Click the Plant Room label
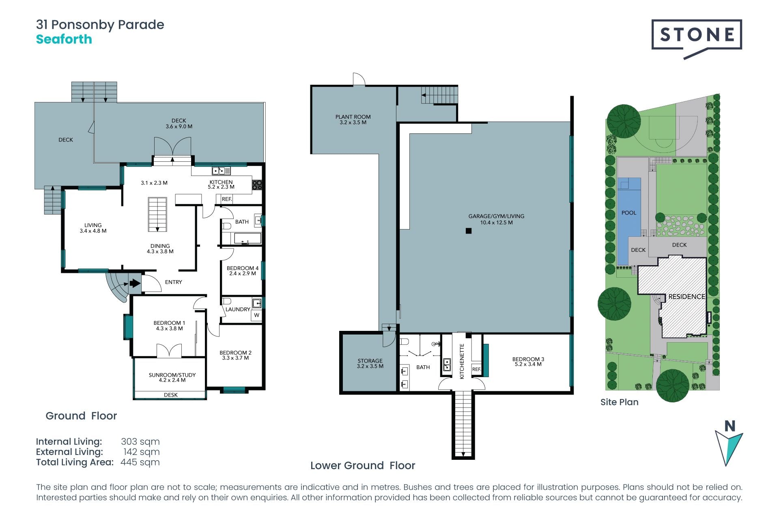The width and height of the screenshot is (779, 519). [353, 120]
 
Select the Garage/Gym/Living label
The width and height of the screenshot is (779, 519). [496, 219]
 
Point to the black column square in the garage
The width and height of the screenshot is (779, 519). [469, 231]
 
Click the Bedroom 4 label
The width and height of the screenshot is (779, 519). [243, 271]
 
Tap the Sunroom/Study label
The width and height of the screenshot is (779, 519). [172, 377]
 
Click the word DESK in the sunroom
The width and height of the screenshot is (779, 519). [171, 395]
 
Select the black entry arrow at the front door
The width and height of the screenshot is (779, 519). [135, 283]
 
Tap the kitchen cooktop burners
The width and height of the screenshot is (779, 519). [257, 185]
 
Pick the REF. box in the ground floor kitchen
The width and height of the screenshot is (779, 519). [227, 199]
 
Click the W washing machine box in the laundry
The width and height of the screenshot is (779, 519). [256, 315]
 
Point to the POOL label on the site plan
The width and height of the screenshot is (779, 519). [629, 213]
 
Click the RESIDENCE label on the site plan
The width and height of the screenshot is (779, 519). [686, 297]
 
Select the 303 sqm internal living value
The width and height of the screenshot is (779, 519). [140, 442]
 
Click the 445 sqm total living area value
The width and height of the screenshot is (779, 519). [140, 463]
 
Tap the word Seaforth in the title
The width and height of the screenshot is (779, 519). [64, 39]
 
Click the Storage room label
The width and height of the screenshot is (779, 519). [370, 363]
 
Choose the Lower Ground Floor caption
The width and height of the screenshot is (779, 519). [363, 465]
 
